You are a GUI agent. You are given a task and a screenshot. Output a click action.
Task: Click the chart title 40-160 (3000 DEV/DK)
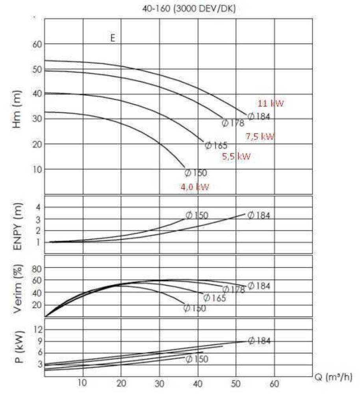pos(189,9)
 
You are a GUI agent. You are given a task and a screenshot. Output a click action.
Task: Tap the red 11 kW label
pos(271,104)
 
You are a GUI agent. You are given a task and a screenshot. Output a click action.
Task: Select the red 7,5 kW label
pos(260,137)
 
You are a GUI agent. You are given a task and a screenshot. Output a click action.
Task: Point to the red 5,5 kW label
pos(236,156)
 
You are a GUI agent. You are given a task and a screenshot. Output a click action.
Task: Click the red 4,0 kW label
pos(195,187)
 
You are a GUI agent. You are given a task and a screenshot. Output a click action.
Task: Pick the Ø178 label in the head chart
pos(233,123)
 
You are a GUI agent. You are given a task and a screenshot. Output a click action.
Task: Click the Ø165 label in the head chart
pos(216,145)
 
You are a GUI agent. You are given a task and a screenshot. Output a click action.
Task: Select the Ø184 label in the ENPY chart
pos(259,215)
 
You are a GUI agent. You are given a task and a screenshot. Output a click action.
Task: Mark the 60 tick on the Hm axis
pos(37,44)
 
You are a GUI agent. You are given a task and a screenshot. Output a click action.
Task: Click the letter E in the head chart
pos(113,39)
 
